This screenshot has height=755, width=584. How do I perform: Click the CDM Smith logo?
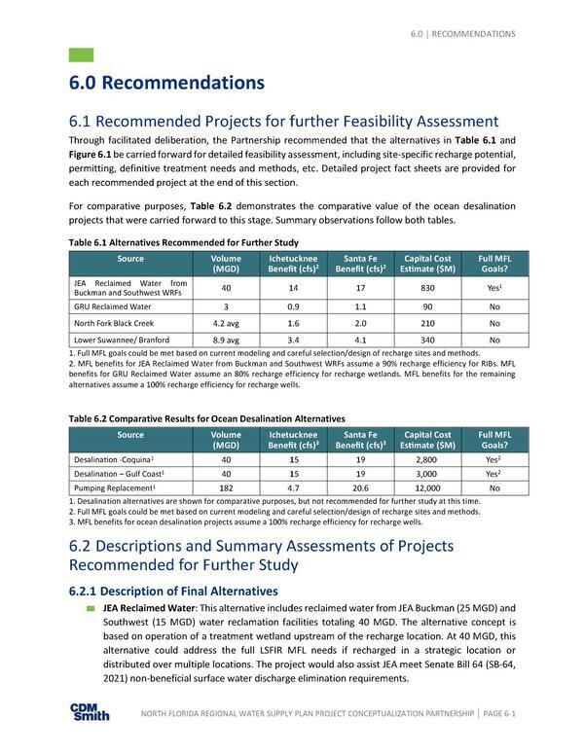point(90,712)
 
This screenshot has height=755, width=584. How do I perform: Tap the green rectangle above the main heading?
point(82,54)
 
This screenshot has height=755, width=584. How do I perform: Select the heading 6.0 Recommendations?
point(166,84)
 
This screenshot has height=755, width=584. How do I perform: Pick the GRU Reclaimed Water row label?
point(106,306)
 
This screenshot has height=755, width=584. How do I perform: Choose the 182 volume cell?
point(226,486)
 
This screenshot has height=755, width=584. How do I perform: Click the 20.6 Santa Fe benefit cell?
point(360,486)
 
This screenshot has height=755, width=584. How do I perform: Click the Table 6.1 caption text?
point(184,242)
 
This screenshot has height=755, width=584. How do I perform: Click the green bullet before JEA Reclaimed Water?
point(91,608)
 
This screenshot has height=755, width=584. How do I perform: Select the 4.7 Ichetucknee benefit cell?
point(293,486)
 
